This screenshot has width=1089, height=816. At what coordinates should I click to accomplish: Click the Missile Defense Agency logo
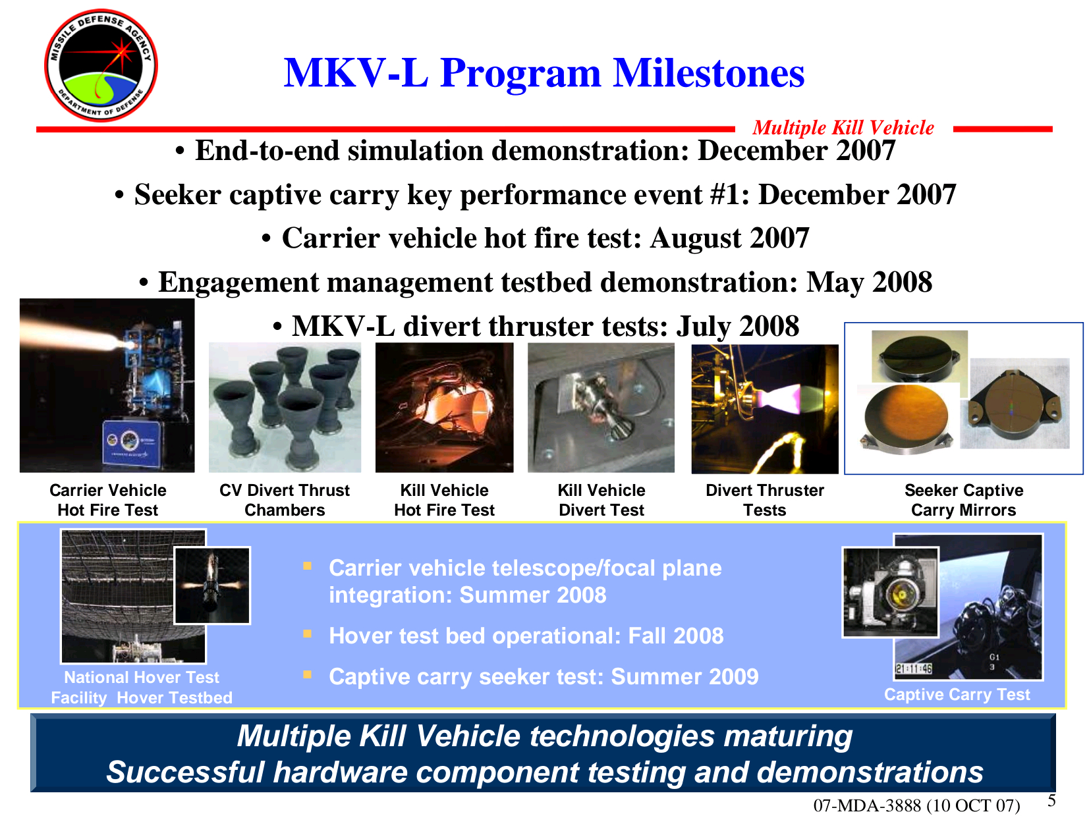101,65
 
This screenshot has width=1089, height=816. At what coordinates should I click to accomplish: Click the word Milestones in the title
708,73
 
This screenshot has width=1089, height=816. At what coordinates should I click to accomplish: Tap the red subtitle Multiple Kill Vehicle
843,127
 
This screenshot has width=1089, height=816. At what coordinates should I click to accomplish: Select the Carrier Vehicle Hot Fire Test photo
107,385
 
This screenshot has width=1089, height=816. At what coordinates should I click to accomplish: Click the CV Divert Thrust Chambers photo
285,408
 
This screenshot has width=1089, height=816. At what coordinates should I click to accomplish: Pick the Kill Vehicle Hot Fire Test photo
445,408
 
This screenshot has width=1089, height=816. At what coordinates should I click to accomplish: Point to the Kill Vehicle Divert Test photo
601,408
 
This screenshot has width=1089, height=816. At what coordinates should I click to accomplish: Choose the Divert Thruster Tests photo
764,409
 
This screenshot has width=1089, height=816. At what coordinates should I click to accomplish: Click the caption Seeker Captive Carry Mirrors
963,500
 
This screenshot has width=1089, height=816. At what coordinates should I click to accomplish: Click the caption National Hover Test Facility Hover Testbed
142,687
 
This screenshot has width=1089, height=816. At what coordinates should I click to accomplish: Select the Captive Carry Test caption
957,694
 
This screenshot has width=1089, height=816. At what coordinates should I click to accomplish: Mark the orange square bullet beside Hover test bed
307,633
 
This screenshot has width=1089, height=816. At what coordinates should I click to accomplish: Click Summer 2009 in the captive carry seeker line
684,676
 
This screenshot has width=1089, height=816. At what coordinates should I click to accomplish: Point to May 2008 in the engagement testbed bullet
869,282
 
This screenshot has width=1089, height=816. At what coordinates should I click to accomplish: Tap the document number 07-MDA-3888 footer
916,805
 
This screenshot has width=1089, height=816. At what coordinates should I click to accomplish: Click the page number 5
1051,800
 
